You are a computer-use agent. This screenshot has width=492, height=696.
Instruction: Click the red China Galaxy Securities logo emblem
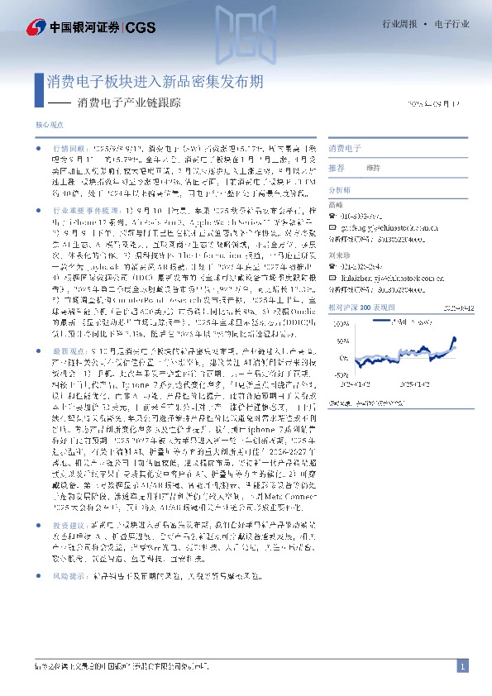[x=36, y=27]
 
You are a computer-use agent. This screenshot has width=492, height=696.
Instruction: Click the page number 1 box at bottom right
[x=463, y=665]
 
